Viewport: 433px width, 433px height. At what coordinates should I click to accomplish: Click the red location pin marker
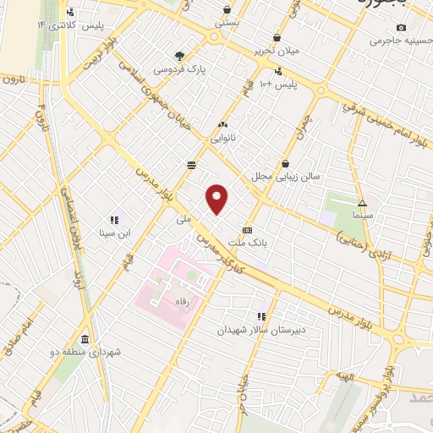[217, 197]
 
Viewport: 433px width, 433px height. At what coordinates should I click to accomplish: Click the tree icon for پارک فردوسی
[178, 55]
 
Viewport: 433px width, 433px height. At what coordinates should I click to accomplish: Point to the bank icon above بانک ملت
[247, 229]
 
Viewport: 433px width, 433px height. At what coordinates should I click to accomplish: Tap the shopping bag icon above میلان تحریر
[278, 38]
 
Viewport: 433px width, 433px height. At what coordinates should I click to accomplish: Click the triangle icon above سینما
[362, 203]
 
